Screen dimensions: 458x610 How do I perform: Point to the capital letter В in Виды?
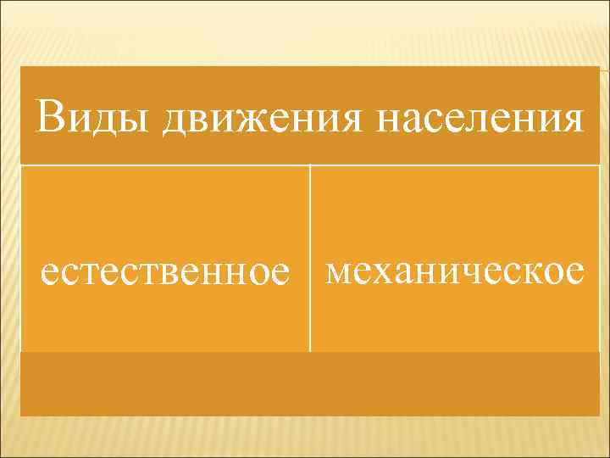[49, 115]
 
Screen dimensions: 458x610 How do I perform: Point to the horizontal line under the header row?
[310, 165]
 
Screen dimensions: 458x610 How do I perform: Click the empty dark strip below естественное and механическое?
[310, 384]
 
